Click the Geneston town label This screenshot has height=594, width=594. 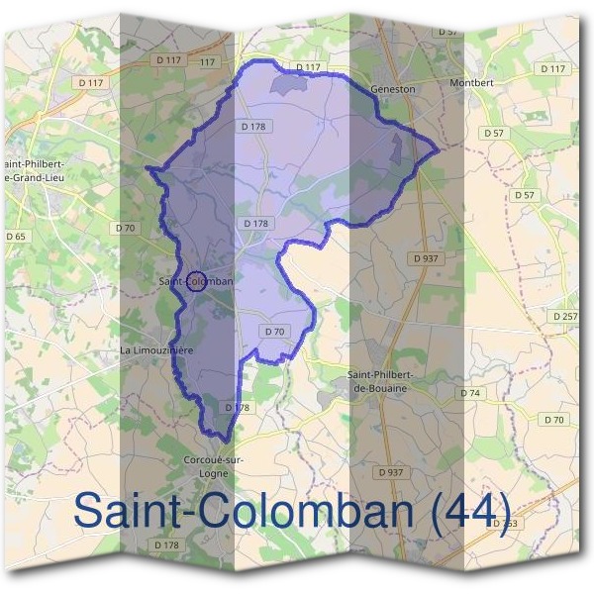click(x=392, y=88)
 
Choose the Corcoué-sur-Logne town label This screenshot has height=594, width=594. click(x=214, y=466)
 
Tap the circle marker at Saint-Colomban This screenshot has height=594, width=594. click(x=196, y=281)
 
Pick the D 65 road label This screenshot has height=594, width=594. click(x=16, y=237)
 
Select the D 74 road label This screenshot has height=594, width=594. click(x=470, y=393)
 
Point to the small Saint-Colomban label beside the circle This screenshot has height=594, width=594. click(x=196, y=281)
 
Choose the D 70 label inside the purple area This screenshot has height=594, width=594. click(x=275, y=331)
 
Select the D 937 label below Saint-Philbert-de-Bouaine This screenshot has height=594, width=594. click(x=392, y=472)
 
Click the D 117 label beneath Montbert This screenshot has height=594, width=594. click(x=552, y=68)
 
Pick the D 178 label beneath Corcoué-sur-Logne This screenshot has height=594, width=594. click(x=166, y=545)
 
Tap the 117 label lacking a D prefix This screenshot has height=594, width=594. click(x=207, y=61)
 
